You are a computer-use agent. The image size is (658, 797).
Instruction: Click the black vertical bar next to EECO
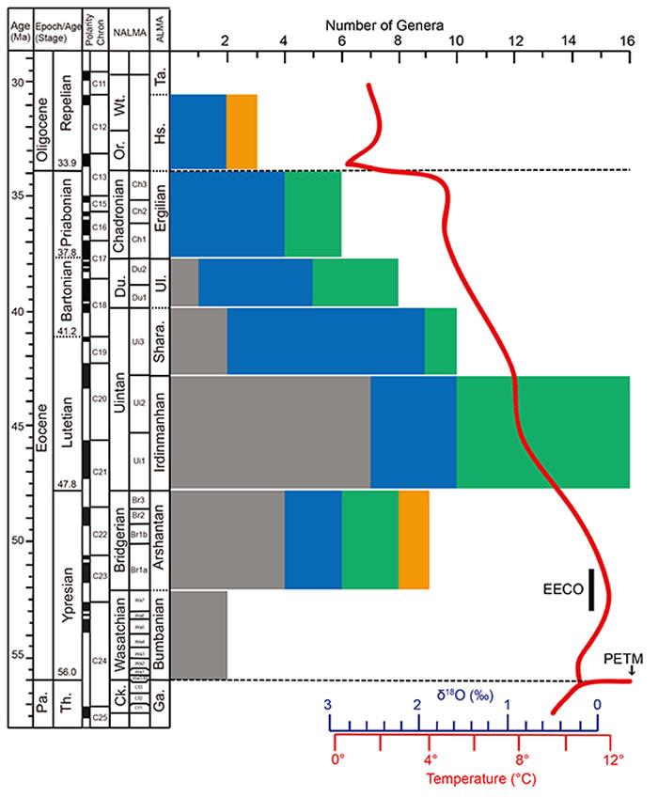[x=591, y=589]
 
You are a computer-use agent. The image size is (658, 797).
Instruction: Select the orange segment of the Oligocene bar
[x=242, y=131]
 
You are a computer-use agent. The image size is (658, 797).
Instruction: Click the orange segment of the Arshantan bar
[x=414, y=539]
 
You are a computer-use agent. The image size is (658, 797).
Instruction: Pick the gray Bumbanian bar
[x=198, y=634]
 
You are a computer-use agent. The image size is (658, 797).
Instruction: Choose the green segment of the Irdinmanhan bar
[x=543, y=431]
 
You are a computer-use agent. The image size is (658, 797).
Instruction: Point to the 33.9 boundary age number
[x=65, y=164]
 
